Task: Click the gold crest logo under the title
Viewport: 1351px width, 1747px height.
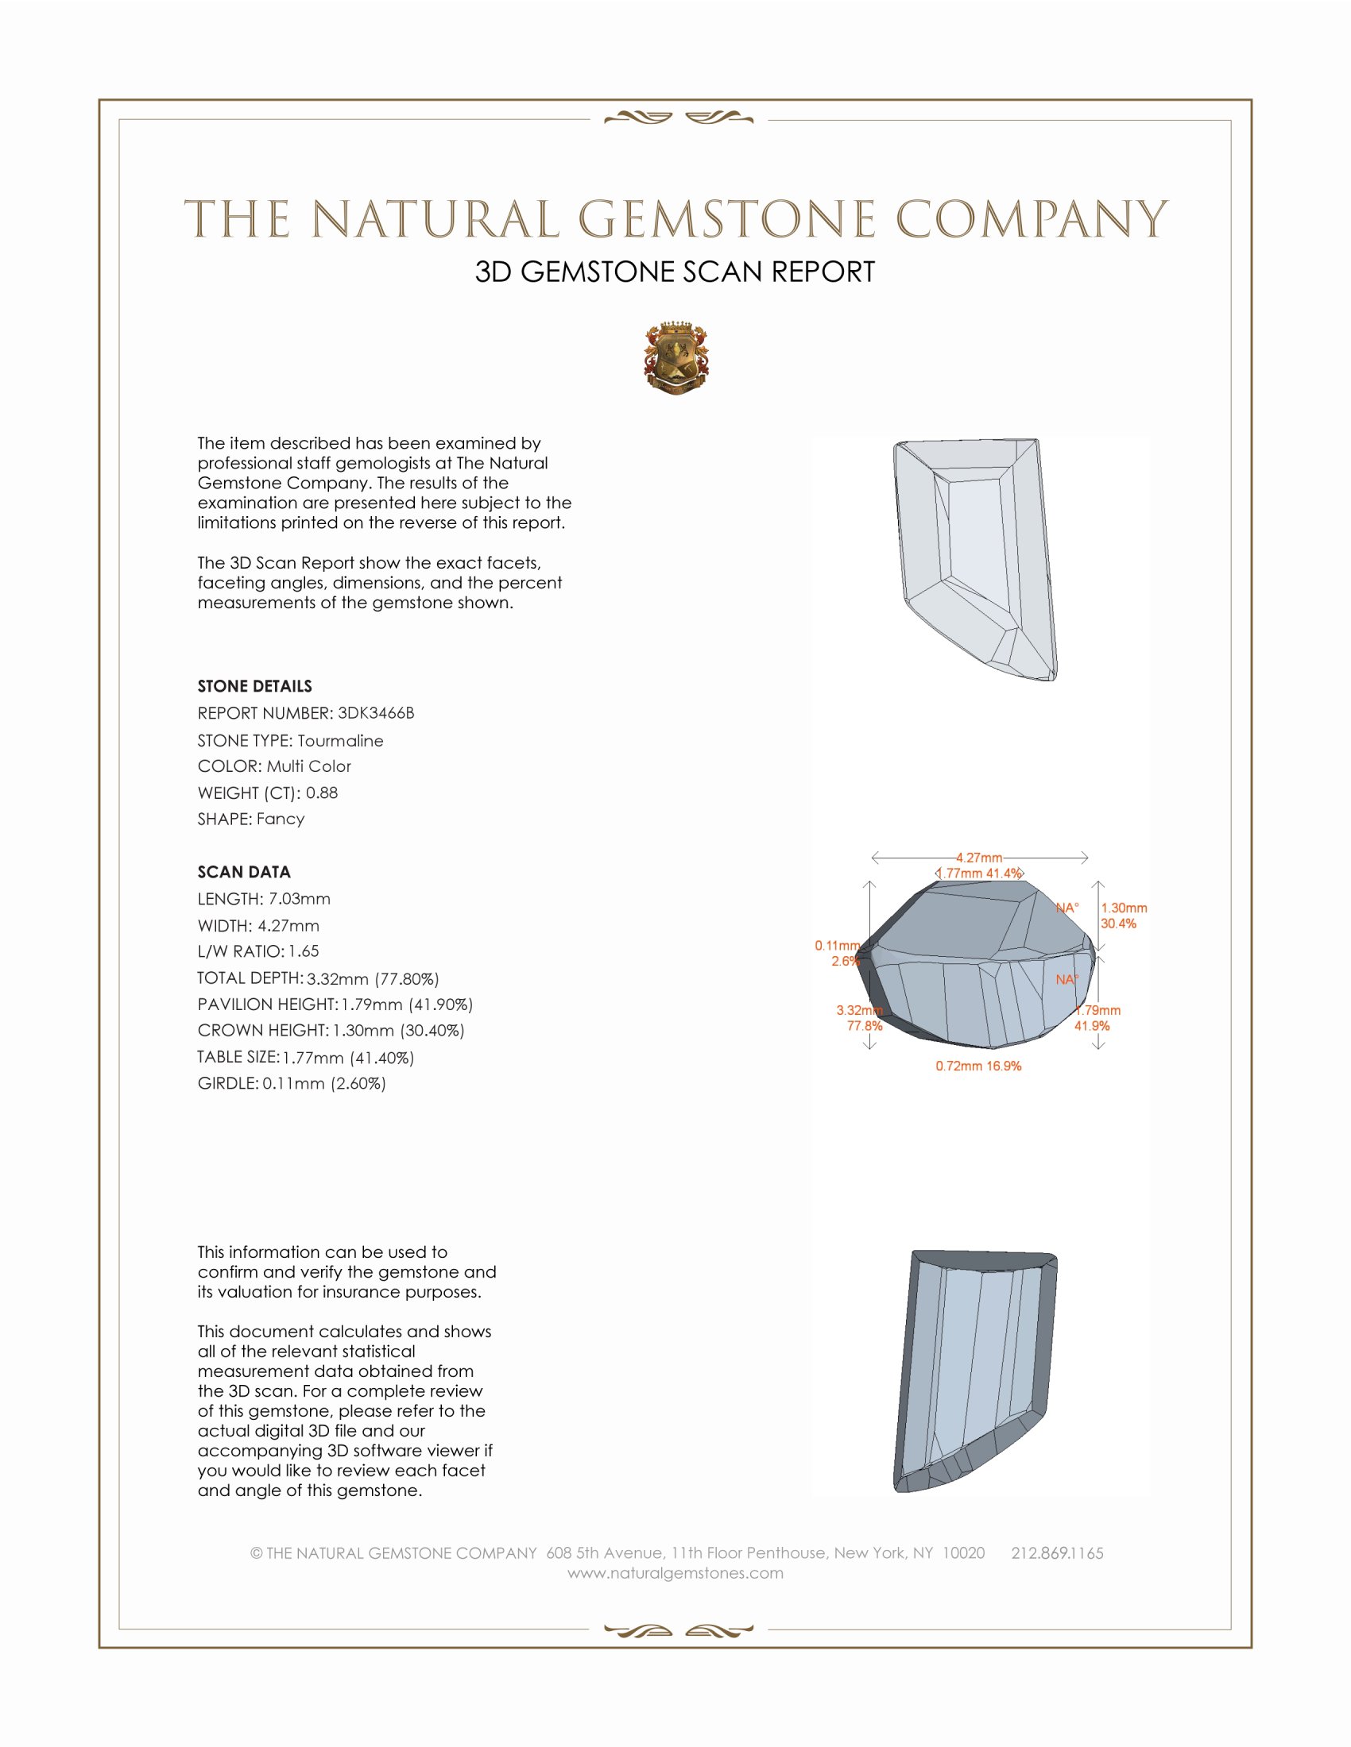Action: tap(675, 359)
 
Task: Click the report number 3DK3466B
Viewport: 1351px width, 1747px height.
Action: tap(375, 713)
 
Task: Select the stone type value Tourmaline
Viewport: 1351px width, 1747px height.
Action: tap(340, 741)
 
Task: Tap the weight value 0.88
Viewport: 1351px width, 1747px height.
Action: tap(322, 793)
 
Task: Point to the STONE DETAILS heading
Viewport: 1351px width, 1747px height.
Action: tap(254, 686)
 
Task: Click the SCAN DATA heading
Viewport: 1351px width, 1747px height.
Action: tap(244, 872)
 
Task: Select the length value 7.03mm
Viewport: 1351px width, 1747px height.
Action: tap(300, 899)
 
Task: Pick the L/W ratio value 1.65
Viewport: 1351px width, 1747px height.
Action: tap(304, 951)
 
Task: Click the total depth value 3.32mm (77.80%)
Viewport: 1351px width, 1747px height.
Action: tap(373, 978)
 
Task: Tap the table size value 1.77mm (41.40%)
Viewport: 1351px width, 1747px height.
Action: tap(348, 1058)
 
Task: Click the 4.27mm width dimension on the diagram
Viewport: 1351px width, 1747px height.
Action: tap(979, 858)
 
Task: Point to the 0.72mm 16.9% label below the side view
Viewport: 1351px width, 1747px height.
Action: tap(978, 1066)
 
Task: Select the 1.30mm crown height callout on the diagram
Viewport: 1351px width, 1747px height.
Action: tap(1124, 908)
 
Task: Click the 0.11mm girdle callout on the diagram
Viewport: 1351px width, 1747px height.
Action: tap(836, 946)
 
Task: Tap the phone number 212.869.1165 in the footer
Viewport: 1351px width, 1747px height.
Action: tap(1056, 1553)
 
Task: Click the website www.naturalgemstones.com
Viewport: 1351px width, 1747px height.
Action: tap(675, 1573)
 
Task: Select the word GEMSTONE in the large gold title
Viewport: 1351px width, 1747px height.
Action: tap(726, 220)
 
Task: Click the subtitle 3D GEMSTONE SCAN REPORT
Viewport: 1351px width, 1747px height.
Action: tap(675, 272)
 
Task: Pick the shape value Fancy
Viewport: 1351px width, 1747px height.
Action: tap(280, 820)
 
